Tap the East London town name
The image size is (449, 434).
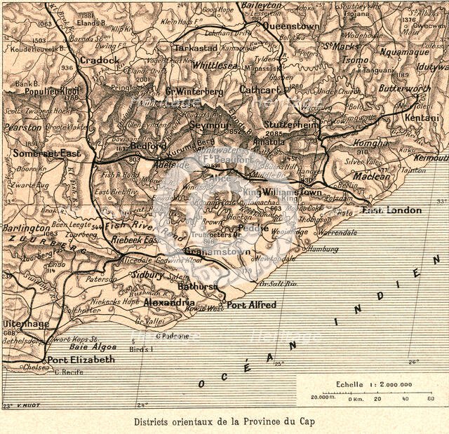point(391,210)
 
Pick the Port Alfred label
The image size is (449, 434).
point(251,305)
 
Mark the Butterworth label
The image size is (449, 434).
point(405,89)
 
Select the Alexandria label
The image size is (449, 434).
point(169,303)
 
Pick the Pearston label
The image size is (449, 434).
point(22,128)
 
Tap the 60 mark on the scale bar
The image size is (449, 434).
point(430,399)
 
